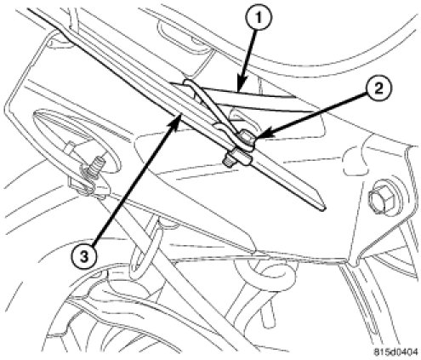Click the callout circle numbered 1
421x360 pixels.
[258, 18]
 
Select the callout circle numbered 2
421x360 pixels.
[378, 89]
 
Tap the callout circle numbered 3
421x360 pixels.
[83, 257]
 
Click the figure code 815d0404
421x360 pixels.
[395, 352]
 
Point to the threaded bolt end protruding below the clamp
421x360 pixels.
[229, 160]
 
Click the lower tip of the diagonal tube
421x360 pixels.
[323, 209]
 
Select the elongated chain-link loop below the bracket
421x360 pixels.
[144, 246]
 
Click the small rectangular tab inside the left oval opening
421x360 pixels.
[71, 149]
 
